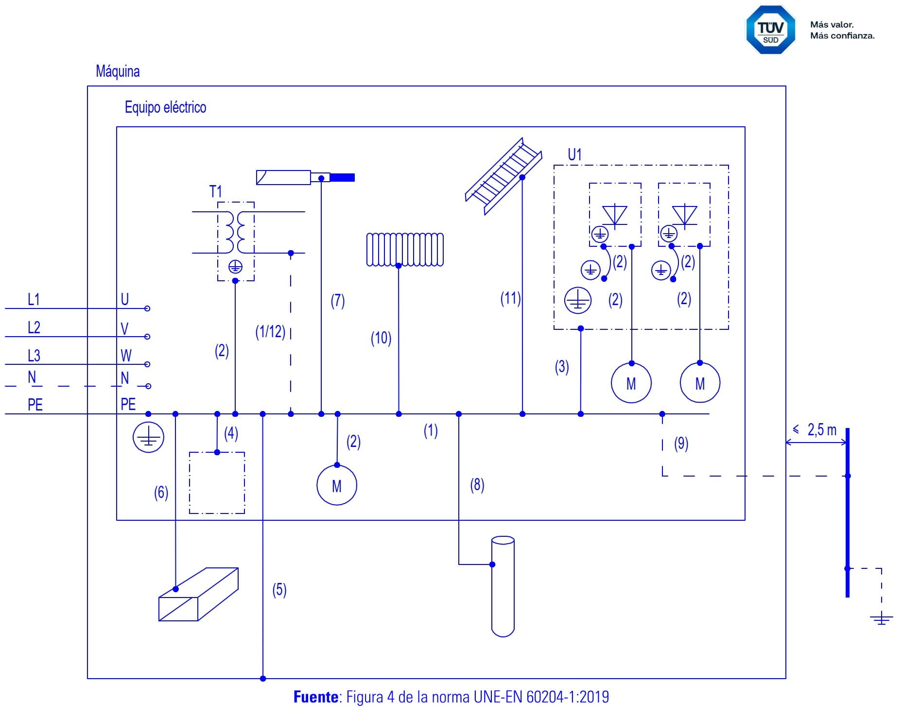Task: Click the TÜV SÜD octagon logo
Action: pyautogui.click(x=771, y=30)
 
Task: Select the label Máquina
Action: pyautogui.click(x=118, y=71)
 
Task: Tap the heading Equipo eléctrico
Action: pyautogui.click(x=165, y=107)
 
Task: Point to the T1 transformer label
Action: pyautogui.click(x=215, y=191)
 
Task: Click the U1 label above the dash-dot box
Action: pyautogui.click(x=574, y=154)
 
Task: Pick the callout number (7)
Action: pyautogui.click(x=338, y=301)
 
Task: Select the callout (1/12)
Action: pyautogui.click(x=270, y=332)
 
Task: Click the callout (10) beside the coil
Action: pyautogui.click(x=381, y=338)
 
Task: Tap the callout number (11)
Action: pyautogui.click(x=511, y=298)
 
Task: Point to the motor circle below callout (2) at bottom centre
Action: pyautogui.click(x=337, y=485)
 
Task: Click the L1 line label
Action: pyautogui.click(x=34, y=299)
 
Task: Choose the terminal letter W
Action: pyautogui.click(x=126, y=356)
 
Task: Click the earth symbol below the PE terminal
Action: pyautogui.click(x=148, y=437)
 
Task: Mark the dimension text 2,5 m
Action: pyautogui.click(x=822, y=430)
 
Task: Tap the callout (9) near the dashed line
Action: pyautogui.click(x=681, y=444)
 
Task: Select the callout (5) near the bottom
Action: pyautogui.click(x=279, y=590)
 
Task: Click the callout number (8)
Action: pyautogui.click(x=477, y=485)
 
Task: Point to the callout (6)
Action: pyautogui.click(x=161, y=493)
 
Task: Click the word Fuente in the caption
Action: pyautogui.click(x=316, y=697)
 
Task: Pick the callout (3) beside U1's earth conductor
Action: pyautogui.click(x=562, y=367)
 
